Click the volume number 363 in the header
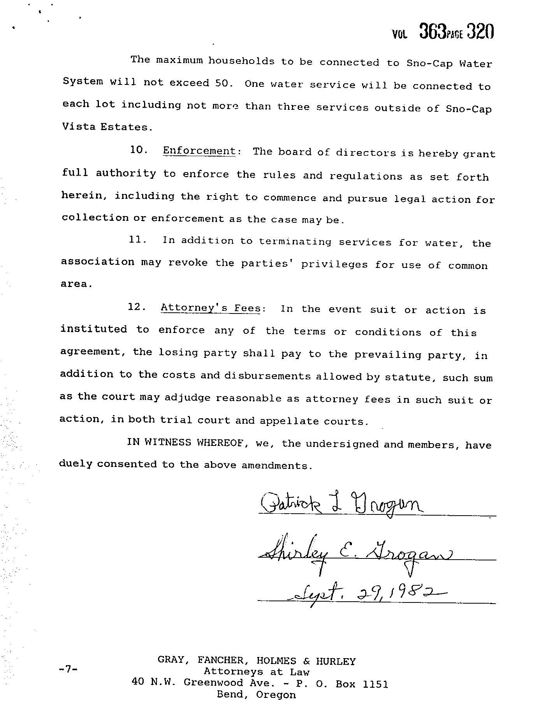tap(432, 32)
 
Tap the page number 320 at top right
tap(480, 32)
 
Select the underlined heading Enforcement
tap(199, 151)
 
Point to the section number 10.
tap(138, 150)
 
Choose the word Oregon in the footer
tap(276, 695)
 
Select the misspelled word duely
tap(75, 464)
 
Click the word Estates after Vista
tap(125, 127)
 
